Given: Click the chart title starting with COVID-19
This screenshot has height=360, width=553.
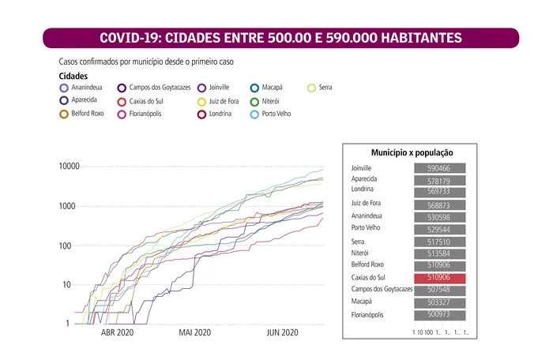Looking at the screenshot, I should pyautogui.click(x=281, y=38).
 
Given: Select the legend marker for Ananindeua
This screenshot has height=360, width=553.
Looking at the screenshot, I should pyautogui.click(x=65, y=88).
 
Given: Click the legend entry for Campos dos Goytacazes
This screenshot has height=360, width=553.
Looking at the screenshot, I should pyautogui.click(x=122, y=88).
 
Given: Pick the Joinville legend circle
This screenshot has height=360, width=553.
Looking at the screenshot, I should pyautogui.click(x=202, y=88).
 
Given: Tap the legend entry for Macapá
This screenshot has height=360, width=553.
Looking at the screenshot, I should pyautogui.click(x=255, y=88).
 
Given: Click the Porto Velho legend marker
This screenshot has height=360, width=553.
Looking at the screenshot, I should pyautogui.click(x=255, y=114).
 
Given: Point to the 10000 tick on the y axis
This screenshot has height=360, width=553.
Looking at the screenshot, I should pyautogui.click(x=69, y=167).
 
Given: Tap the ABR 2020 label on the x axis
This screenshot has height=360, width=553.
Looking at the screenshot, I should pyautogui.click(x=118, y=333).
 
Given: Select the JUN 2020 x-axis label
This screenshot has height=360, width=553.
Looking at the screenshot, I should pyautogui.click(x=282, y=333).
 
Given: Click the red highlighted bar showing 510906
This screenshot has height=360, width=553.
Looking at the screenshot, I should pyautogui.click(x=439, y=278).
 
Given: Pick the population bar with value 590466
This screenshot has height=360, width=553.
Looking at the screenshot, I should pyautogui.click(x=439, y=168).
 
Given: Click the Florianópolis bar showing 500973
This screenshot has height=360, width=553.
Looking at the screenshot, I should pyautogui.click(x=439, y=315).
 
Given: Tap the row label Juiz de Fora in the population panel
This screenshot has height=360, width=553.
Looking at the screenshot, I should pyautogui.click(x=369, y=204).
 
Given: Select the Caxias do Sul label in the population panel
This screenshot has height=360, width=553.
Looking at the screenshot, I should pyautogui.click(x=371, y=278).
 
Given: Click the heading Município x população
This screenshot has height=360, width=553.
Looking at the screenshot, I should pyautogui.click(x=412, y=152).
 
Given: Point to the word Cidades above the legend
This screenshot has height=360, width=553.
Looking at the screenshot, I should pyautogui.click(x=73, y=76).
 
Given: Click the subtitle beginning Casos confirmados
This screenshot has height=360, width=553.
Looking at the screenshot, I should pyautogui.click(x=146, y=61).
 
